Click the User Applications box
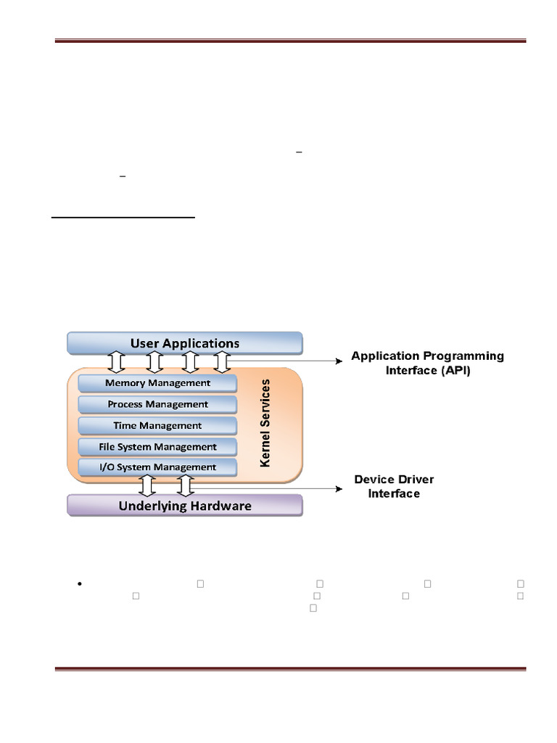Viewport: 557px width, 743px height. (x=185, y=343)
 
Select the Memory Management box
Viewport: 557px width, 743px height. (x=157, y=383)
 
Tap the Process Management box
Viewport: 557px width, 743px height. (x=157, y=404)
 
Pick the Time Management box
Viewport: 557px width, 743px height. (x=157, y=425)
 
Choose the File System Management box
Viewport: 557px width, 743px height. (x=157, y=447)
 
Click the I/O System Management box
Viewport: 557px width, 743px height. (x=157, y=467)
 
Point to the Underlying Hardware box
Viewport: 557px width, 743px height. (x=185, y=506)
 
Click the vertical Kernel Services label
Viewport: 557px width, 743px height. (x=265, y=423)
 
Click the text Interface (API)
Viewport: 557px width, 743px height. (x=428, y=370)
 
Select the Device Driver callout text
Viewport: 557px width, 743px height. (x=394, y=479)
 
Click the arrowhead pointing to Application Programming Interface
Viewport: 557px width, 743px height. (x=339, y=361)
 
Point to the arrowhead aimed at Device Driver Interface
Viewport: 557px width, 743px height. (x=339, y=488)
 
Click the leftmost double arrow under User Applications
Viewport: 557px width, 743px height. (x=117, y=362)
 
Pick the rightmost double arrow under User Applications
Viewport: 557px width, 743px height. (x=222, y=362)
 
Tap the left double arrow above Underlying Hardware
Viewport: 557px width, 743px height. (x=147, y=485)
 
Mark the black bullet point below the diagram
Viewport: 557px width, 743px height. (x=80, y=584)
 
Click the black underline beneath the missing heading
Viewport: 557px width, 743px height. (x=123, y=218)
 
